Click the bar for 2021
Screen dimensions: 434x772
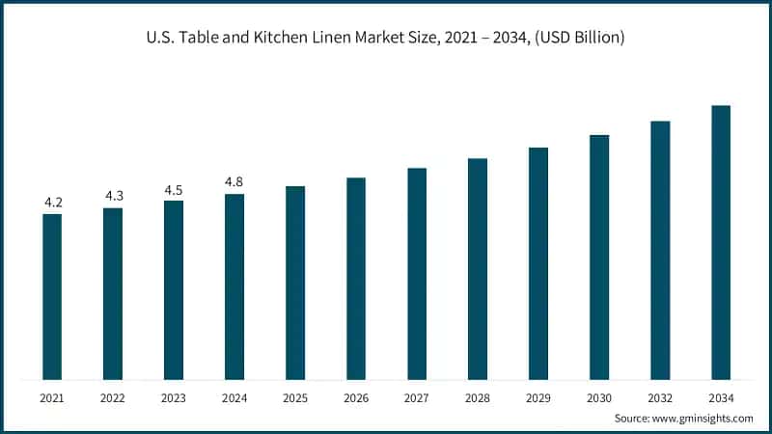(52, 296)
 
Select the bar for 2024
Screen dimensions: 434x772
(234, 286)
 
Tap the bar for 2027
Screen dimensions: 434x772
(417, 273)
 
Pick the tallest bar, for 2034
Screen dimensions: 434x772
(721, 242)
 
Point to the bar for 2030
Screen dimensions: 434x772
(599, 257)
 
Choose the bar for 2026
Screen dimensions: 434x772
(356, 278)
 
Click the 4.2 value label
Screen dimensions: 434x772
(53, 203)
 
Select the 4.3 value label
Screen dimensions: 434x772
(114, 196)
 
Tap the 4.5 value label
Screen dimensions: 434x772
(174, 190)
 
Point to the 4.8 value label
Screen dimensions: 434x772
(234, 181)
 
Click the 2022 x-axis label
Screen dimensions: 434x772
(113, 397)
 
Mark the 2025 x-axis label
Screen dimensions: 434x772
(295, 397)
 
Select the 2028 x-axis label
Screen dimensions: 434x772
(478, 397)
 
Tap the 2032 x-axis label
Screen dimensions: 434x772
(660, 397)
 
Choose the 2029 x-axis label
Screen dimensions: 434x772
(538, 397)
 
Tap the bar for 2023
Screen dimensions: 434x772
(174, 289)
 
